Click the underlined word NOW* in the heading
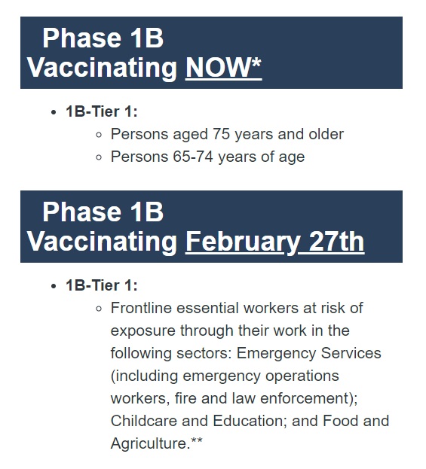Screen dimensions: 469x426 pos(223,68)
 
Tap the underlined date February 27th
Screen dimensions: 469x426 pos(274,242)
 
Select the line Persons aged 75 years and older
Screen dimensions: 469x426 pos(227,134)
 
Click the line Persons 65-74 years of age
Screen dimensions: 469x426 pos(207,157)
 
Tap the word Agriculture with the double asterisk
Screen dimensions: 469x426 pos(156,443)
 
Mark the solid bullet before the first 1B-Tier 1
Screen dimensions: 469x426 pos(53,112)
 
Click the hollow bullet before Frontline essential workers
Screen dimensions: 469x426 pos(100,309)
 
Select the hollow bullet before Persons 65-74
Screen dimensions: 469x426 pos(100,157)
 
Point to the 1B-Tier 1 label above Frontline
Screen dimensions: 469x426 pos(101,285)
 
